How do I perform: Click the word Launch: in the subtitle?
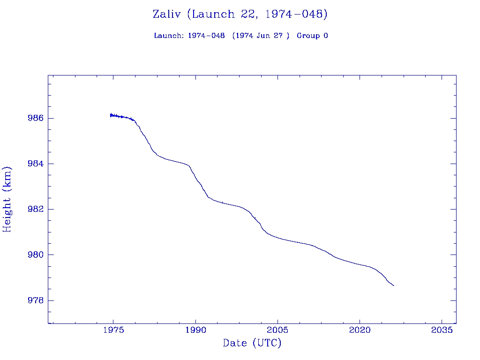point(169,36)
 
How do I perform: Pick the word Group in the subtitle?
point(307,36)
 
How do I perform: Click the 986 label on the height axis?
point(36,118)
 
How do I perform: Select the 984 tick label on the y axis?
point(36,164)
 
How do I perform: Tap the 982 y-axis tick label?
point(36,209)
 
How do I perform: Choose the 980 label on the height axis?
point(36,255)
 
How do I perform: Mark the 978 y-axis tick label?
point(36,300)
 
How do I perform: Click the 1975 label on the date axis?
point(113,330)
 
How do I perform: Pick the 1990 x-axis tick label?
point(195,330)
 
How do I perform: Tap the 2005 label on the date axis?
point(277,330)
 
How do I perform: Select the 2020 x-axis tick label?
point(360,330)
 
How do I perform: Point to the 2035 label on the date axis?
point(442,330)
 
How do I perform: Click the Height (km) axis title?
point(7,199)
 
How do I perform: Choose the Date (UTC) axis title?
point(252,343)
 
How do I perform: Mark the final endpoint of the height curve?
point(394,285)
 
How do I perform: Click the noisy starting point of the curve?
point(111,115)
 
